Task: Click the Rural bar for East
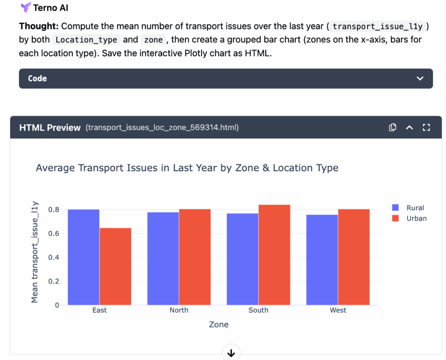[84, 257]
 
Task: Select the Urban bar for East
[115, 266]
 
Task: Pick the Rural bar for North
[163, 259]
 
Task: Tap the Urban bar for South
[274, 255]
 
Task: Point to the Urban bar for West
[354, 257]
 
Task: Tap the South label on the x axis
[258, 310]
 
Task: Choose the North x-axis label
[179, 310]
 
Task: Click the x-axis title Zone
[219, 324]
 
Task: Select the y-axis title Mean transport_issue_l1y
[35, 252]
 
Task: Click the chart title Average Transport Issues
[187, 168]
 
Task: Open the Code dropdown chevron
[420, 78]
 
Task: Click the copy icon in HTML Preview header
[392, 128]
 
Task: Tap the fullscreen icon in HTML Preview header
[426, 128]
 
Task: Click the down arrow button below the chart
[231, 353]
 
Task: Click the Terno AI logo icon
[25, 7]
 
